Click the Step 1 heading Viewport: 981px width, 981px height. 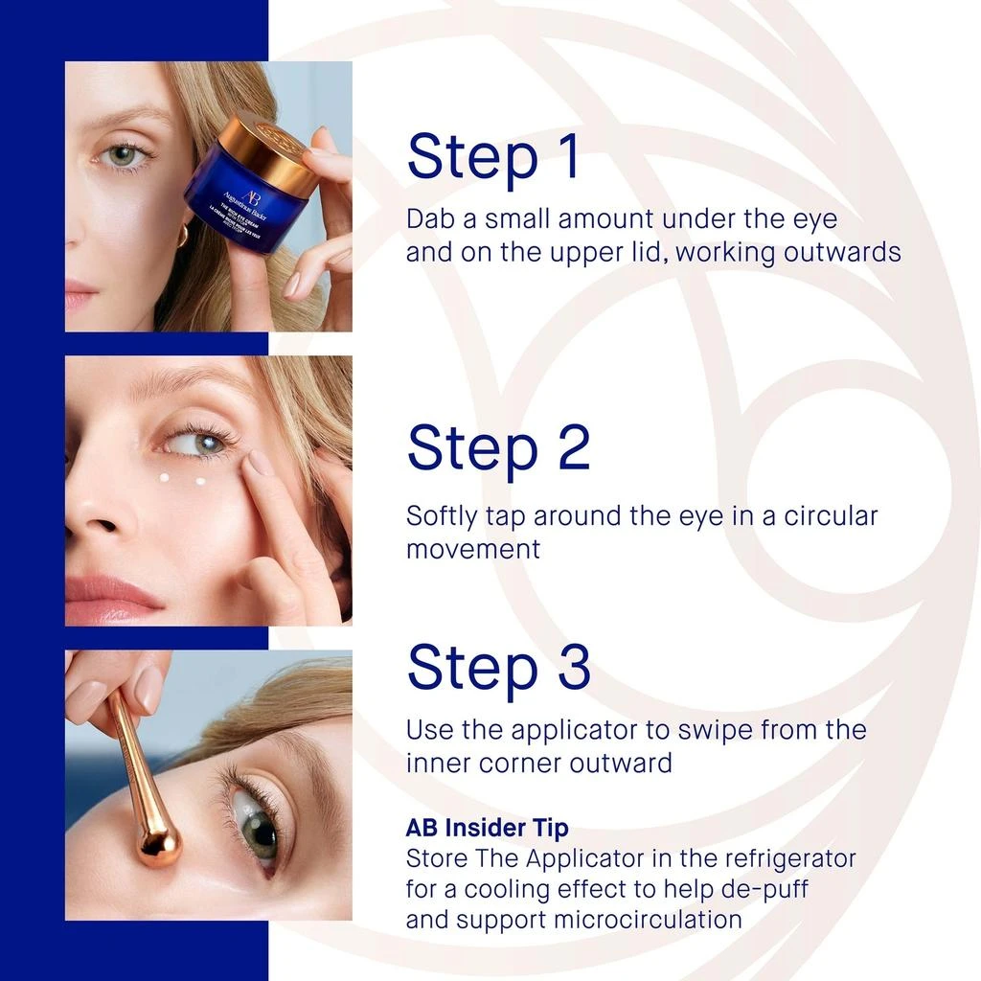coord(493,157)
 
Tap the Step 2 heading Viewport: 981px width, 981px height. coord(498,447)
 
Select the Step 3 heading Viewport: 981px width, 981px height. coord(498,667)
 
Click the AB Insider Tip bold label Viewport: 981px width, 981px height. coord(487,828)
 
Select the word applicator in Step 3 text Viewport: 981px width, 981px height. coord(565,730)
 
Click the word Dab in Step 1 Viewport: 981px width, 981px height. coord(428,218)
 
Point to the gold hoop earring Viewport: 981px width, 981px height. coord(182,234)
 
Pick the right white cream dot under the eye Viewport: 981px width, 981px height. coord(201,481)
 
